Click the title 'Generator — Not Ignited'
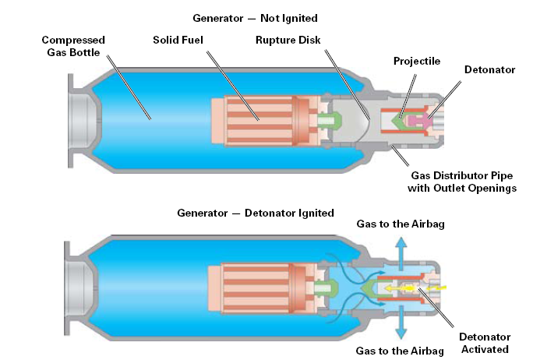pyautogui.click(x=256, y=17)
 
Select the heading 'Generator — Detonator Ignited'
pyautogui.click(x=256, y=213)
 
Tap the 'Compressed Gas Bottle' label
pyautogui.click(x=73, y=45)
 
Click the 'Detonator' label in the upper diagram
pyautogui.click(x=489, y=69)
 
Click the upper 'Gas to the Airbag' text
pyautogui.click(x=401, y=224)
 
